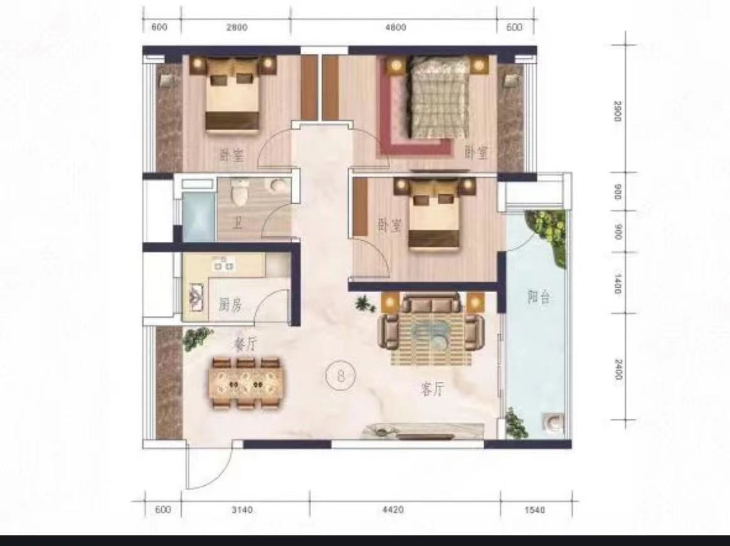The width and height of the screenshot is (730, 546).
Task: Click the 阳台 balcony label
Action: [539, 297]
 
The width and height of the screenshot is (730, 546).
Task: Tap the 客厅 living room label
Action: [433, 389]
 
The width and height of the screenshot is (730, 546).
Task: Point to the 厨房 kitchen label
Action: [230, 305]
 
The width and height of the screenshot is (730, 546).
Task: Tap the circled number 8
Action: [341, 375]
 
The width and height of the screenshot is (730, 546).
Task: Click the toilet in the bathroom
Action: [240, 192]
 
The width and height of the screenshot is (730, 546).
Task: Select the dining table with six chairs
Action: [246, 384]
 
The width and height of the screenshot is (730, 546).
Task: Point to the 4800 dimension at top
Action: [396, 28]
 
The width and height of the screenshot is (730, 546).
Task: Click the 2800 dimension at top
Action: [236, 28]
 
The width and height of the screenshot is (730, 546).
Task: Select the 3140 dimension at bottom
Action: [242, 510]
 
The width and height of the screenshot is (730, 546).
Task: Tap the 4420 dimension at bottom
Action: [393, 510]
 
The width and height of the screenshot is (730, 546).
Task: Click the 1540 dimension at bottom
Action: [534, 510]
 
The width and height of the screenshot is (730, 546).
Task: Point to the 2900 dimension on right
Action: [618, 111]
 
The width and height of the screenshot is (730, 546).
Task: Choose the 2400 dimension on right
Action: [618, 369]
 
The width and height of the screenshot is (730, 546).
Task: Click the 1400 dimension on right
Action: [618, 283]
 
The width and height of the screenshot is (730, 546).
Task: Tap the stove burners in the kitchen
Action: [224, 264]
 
